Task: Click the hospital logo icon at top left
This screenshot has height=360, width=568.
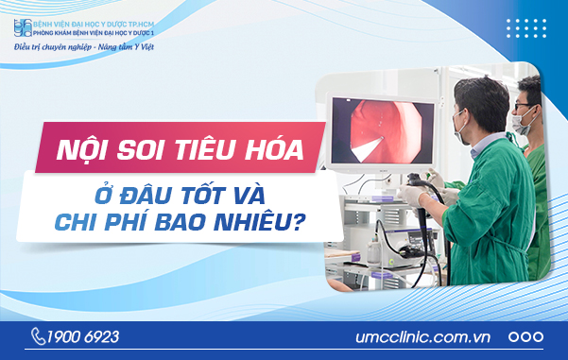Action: tap(18, 23)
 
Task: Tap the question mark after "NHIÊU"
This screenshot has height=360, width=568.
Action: tap(308, 226)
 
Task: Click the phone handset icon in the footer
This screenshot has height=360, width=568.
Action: tap(39, 336)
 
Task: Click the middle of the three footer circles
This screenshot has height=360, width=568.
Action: tap(525, 336)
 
